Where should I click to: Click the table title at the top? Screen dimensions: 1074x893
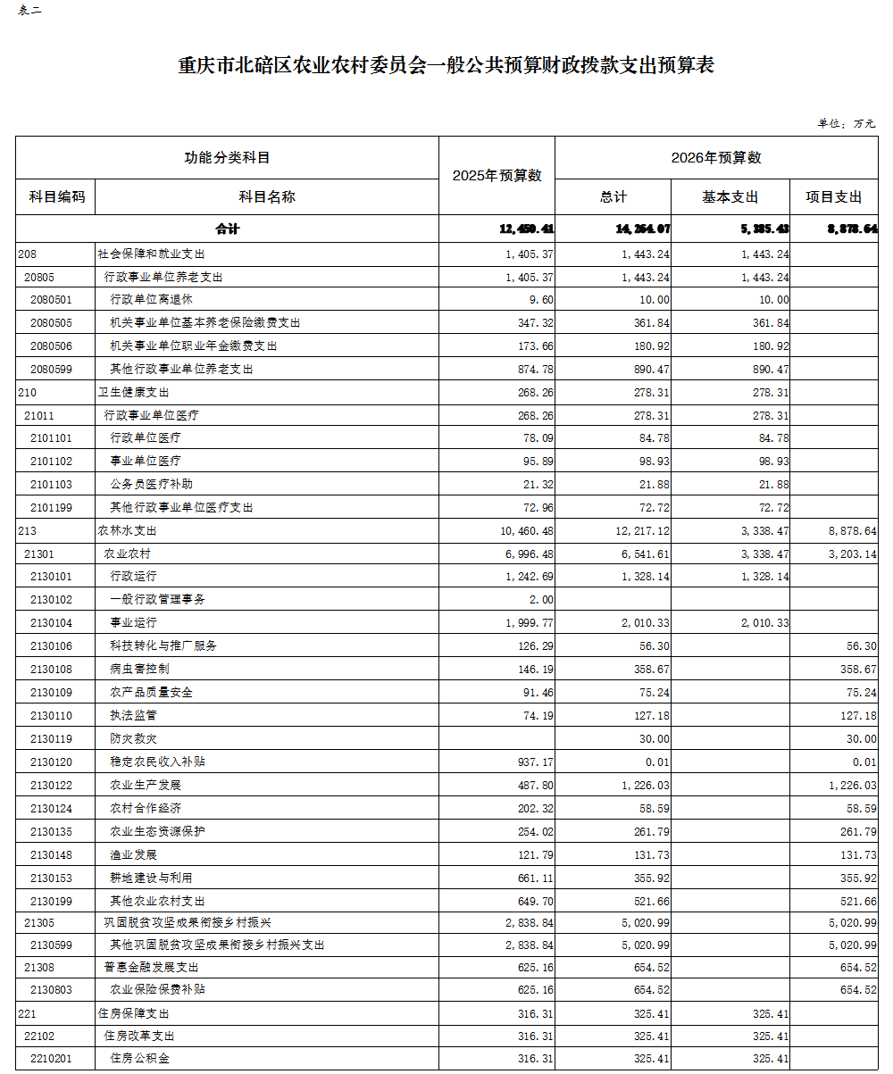coord(446,66)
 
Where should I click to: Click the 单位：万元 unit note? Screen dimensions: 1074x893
coord(847,123)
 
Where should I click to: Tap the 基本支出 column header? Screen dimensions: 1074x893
coord(730,197)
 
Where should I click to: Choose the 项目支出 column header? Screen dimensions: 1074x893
coord(834,197)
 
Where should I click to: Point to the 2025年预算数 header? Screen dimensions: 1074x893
coord(497,176)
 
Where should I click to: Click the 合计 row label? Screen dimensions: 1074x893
coord(227,229)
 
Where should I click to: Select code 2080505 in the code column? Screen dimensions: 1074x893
coord(51,323)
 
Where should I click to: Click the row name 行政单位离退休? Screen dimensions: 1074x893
coord(151,300)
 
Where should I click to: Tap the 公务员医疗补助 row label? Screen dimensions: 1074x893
coord(151,484)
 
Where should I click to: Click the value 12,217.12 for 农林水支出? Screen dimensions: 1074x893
coord(639,530)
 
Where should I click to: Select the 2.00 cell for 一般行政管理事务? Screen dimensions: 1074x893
coord(542,600)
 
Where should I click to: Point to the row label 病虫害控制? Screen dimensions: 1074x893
coord(139,669)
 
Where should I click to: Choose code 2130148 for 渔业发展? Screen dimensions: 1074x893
coord(51,854)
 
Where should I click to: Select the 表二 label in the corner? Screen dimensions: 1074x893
coord(29,11)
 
